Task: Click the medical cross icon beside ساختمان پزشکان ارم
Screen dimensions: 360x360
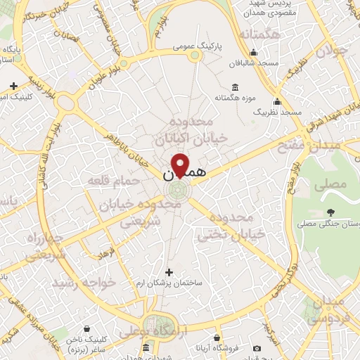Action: click(169, 271)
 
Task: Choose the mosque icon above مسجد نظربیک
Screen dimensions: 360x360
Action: click(278, 101)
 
